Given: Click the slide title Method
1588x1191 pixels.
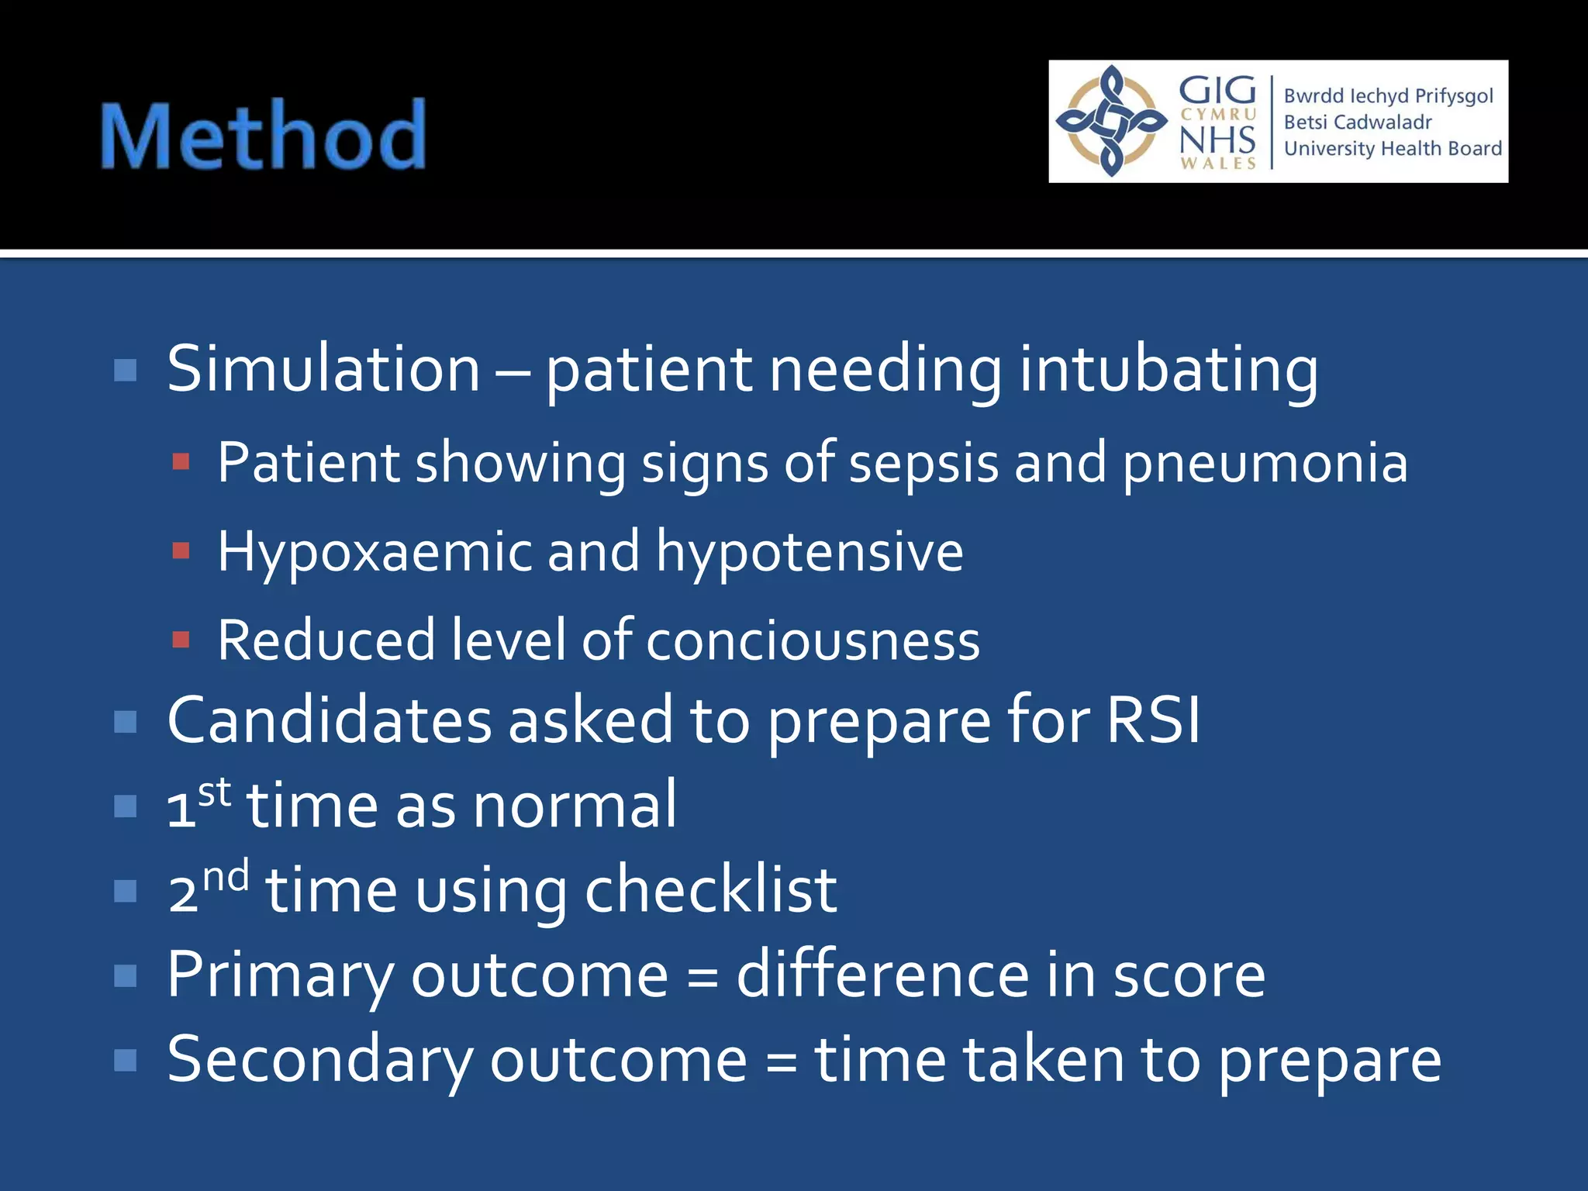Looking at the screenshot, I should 264,136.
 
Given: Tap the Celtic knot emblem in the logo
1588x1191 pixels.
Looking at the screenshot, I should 1112,121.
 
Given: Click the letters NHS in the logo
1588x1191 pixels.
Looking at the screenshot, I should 1217,140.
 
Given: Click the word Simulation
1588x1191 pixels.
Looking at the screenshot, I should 323,369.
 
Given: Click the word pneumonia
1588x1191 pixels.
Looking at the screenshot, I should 1265,463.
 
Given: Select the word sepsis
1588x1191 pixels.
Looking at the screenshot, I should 923,463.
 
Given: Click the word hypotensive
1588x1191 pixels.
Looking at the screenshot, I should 810,551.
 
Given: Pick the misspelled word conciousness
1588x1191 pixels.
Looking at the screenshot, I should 813,641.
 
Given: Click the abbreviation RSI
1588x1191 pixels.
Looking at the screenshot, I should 1153,720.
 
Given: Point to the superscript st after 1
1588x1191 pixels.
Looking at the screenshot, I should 215,792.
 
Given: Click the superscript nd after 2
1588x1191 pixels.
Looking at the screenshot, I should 226,876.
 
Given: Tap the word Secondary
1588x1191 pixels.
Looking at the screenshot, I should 319,1059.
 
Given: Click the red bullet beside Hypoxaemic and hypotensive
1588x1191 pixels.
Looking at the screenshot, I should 181,551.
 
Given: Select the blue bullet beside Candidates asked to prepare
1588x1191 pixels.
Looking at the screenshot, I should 125,722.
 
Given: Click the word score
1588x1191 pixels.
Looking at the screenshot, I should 1189,975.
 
